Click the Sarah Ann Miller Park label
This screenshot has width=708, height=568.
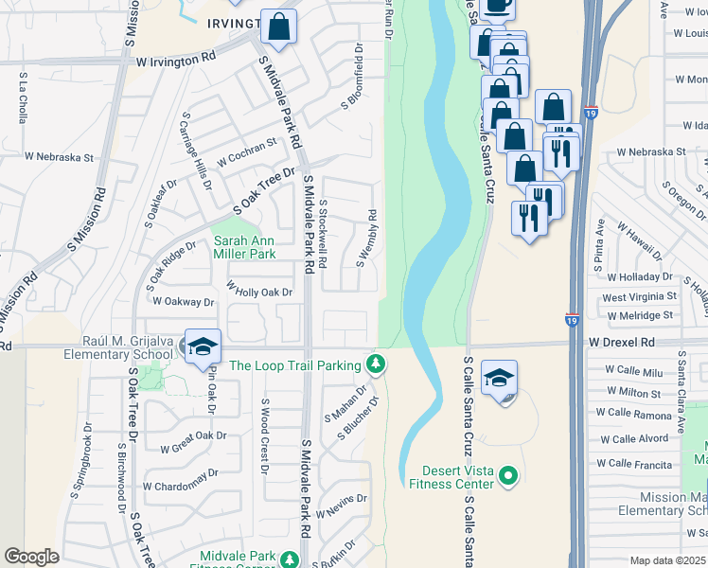pyautogui.click(x=244, y=247)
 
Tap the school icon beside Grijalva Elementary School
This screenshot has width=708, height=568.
pyautogui.click(x=203, y=347)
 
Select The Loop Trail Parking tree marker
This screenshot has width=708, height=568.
pyautogui.click(x=376, y=364)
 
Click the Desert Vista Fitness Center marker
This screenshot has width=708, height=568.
pyautogui.click(x=508, y=474)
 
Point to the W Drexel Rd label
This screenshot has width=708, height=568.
pyautogui.click(x=621, y=341)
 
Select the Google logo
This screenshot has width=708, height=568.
pyautogui.click(x=31, y=557)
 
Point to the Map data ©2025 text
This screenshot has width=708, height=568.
pyautogui.click(x=667, y=560)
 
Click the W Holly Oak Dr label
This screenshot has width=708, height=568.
pyautogui.click(x=258, y=293)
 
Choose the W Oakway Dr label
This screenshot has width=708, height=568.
pyautogui.click(x=184, y=302)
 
